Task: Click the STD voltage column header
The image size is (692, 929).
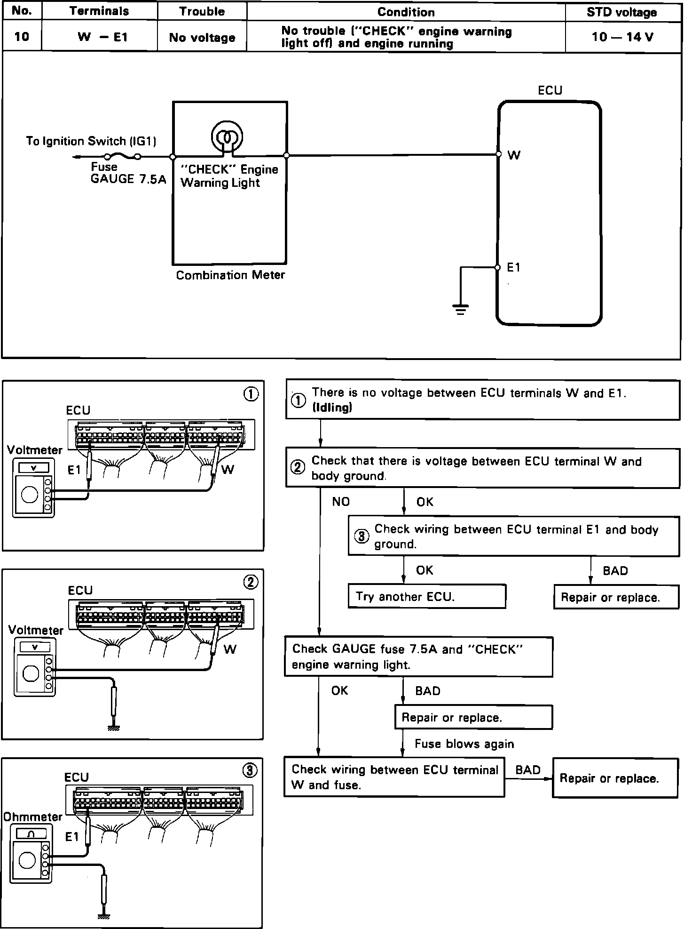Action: pyautogui.click(x=621, y=12)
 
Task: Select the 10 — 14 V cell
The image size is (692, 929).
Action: pyautogui.click(x=622, y=37)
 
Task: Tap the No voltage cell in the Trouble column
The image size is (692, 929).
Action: pyautogui.click(x=202, y=38)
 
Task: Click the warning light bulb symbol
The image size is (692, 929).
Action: pyautogui.click(x=227, y=137)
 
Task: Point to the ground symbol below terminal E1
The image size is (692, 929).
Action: pyautogui.click(x=460, y=309)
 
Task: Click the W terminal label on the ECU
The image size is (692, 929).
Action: pyautogui.click(x=514, y=155)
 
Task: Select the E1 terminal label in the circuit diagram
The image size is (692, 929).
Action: pyautogui.click(x=513, y=267)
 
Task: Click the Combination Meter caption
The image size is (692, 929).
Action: pyautogui.click(x=230, y=275)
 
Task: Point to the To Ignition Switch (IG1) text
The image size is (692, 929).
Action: pyautogui.click(x=91, y=141)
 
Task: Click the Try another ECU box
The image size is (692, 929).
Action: pyautogui.click(x=426, y=597)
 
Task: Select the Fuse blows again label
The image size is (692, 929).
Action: pyautogui.click(x=464, y=744)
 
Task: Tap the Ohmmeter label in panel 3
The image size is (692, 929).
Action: pyautogui.click(x=33, y=817)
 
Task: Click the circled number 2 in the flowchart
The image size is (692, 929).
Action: pyautogui.click(x=298, y=467)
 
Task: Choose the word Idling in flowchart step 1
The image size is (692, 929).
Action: pyautogui.click(x=332, y=408)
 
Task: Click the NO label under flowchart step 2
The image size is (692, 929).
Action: pyautogui.click(x=341, y=502)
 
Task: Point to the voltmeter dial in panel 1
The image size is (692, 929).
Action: pyautogui.click(x=30, y=496)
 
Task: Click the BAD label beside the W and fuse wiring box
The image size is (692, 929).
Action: pyautogui.click(x=527, y=770)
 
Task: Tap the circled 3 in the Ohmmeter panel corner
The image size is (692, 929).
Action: pyautogui.click(x=250, y=770)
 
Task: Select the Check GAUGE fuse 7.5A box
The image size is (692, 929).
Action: pyautogui.click(x=418, y=657)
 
